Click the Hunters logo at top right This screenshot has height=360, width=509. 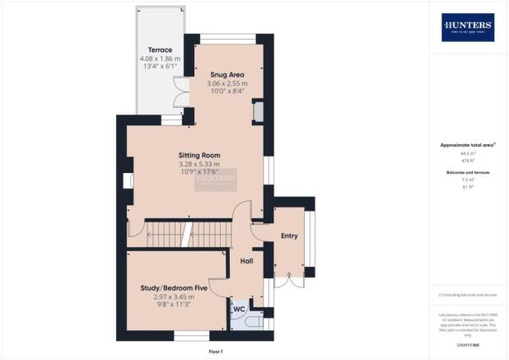pos(468,27)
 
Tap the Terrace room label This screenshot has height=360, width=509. pos(160,49)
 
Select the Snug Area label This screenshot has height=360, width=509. pos(226,74)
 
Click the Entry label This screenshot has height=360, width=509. pos(288,236)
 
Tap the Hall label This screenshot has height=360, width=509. pos(245,261)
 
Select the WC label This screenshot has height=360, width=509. pos(240,310)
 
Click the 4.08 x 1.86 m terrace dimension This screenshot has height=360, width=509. pos(160,59)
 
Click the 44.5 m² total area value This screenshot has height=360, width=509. pos(468,153)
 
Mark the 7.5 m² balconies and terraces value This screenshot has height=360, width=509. pos(468,180)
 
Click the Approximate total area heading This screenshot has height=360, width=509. pos(468,145)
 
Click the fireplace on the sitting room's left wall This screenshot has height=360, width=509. pos(127,181)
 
